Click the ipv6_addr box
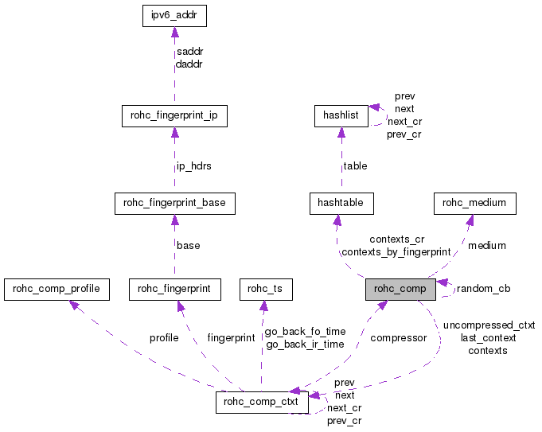174,16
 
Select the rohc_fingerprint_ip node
174,116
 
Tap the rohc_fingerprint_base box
174,203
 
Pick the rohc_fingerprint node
174,290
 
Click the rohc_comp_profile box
56,290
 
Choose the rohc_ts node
266,290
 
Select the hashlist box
341,116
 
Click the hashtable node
341,203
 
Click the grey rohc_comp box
400,290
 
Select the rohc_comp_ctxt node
262,403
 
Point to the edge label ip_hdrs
194,166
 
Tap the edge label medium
486,246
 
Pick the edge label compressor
398,338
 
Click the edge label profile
164,338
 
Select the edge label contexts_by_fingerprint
396,252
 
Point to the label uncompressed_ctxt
489,325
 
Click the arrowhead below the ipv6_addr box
174,33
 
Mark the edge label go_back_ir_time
305,344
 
